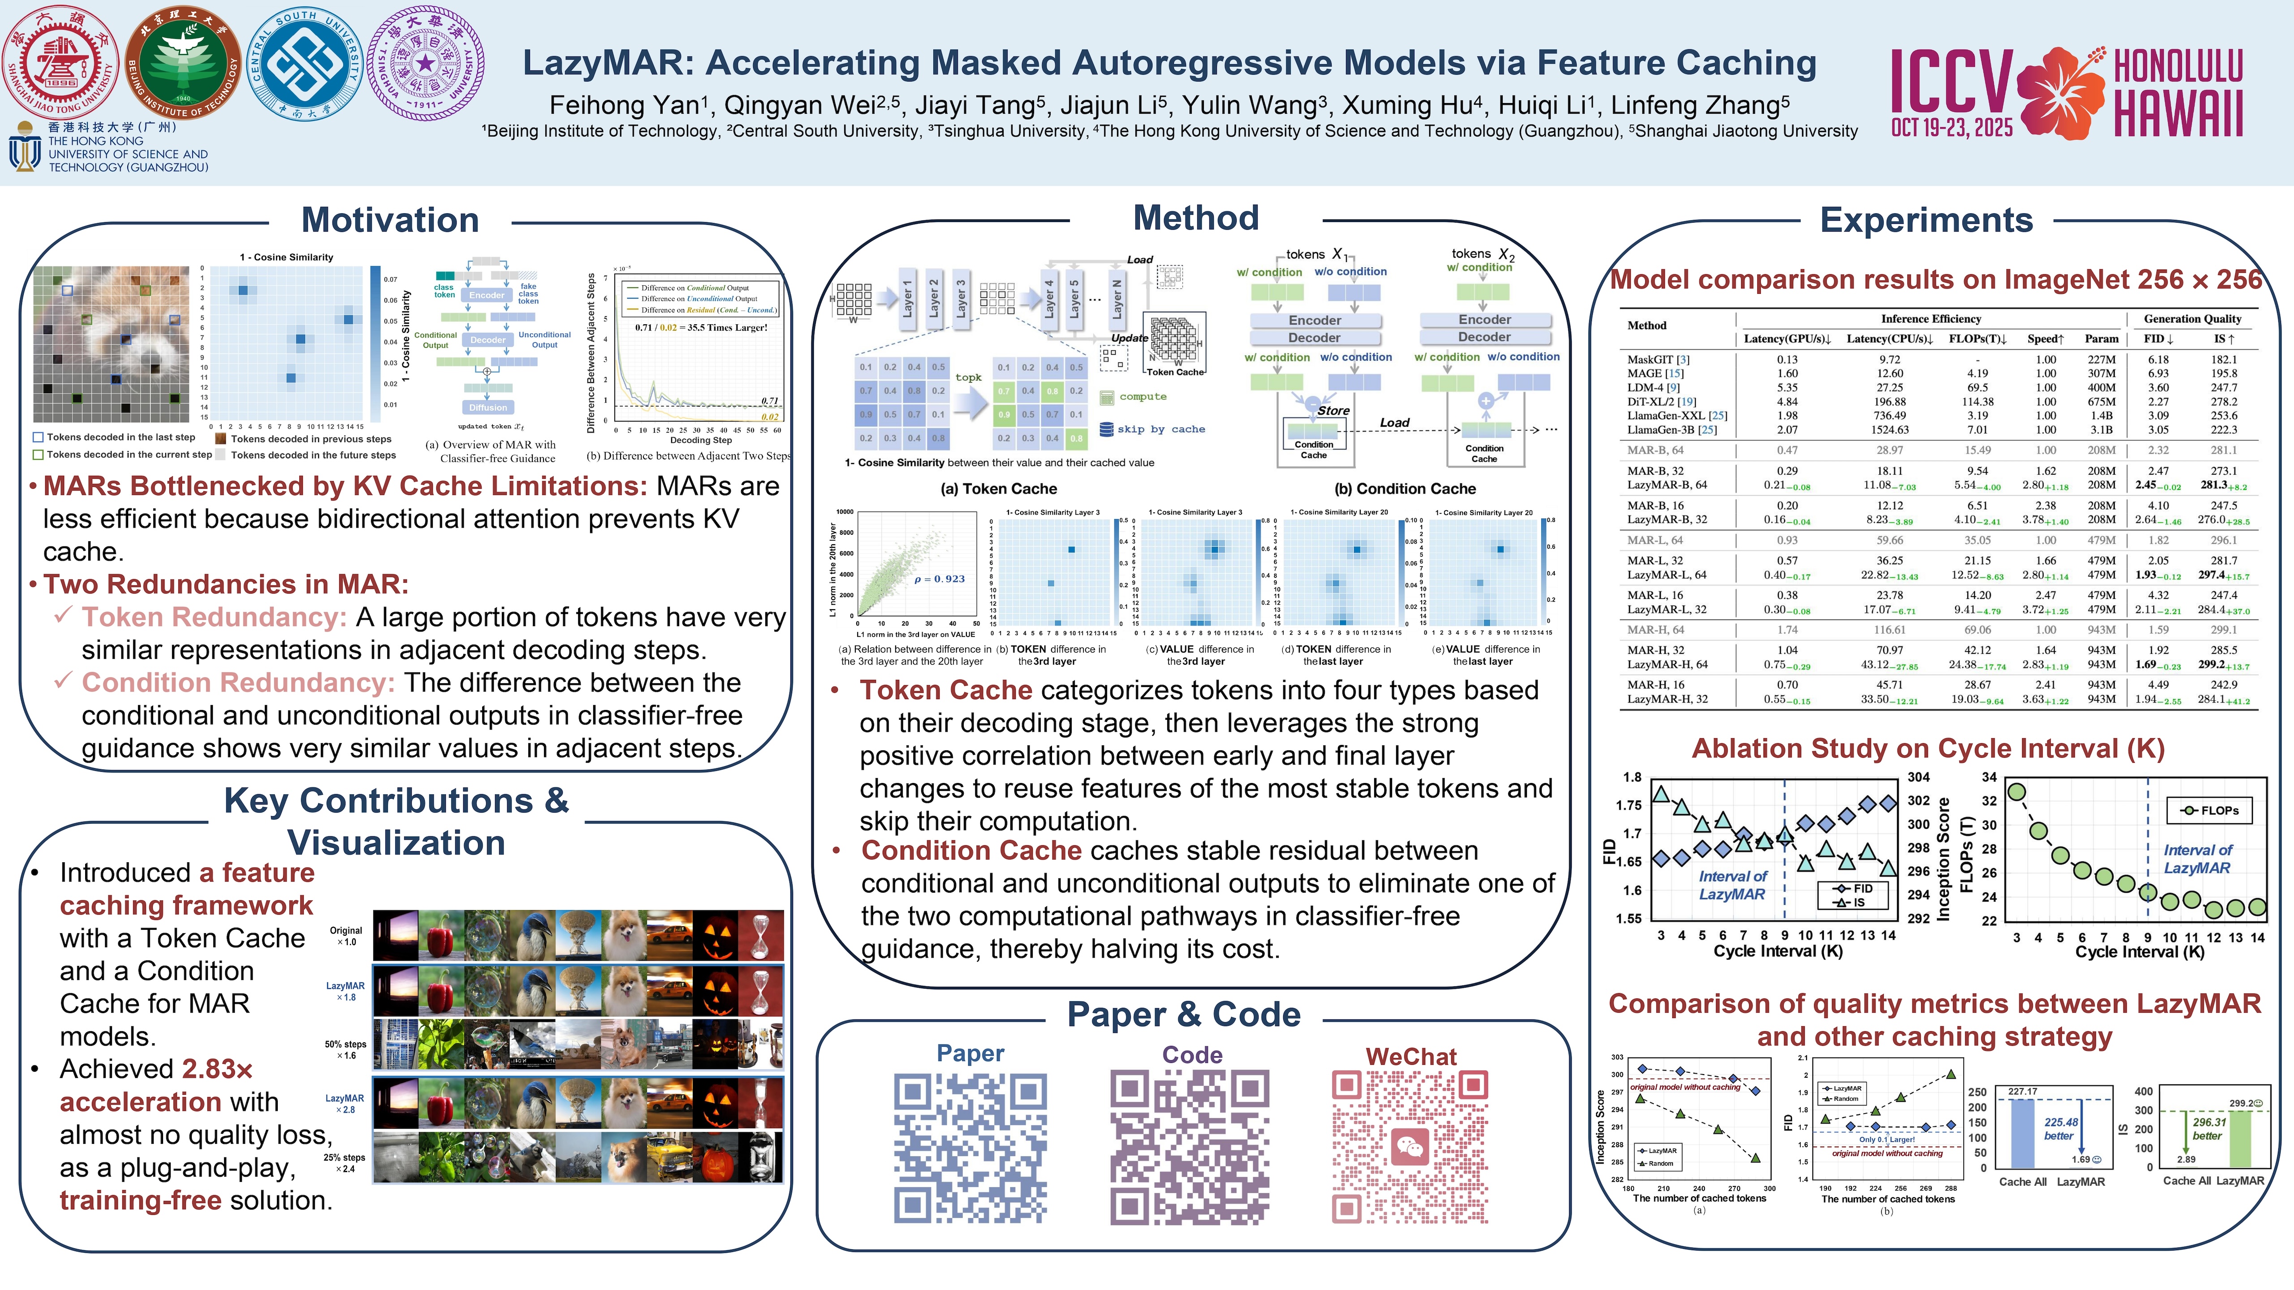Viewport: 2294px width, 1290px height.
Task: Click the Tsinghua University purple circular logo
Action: click(x=426, y=64)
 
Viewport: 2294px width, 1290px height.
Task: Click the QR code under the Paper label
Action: click(x=970, y=1148)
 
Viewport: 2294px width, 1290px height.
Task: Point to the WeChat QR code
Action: click(x=1410, y=1148)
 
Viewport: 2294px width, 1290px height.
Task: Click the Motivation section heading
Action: click(x=390, y=220)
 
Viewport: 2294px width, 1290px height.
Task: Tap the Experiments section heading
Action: click(x=1926, y=220)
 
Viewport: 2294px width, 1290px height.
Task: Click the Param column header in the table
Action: click(x=2101, y=338)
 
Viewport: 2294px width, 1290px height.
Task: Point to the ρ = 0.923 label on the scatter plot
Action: click(x=940, y=579)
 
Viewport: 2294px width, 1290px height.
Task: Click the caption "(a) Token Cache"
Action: click(x=998, y=489)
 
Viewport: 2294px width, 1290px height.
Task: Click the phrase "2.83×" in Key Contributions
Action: click(x=217, y=1069)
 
